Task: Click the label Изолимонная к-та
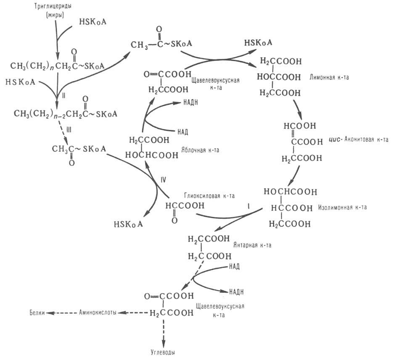click(x=343, y=207)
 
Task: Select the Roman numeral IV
click(x=164, y=180)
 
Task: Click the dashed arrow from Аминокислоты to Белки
click(x=63, y=313)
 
